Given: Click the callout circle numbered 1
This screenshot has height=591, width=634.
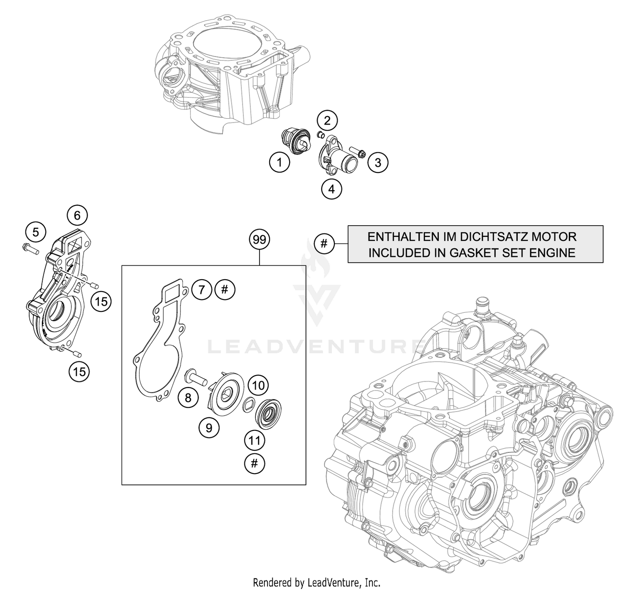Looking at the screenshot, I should pos(279,162).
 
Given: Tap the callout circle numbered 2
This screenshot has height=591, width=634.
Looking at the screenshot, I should pos(327,121).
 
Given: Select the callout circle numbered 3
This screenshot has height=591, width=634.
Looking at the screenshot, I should pos(378,163).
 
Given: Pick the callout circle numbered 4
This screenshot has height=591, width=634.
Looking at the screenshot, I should pos(331,189).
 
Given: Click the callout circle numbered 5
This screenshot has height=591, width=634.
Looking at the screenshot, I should pos(36,232).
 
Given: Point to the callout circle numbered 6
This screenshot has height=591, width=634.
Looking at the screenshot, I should pos(77,215).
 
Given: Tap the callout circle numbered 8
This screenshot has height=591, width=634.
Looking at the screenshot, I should pos(188,397).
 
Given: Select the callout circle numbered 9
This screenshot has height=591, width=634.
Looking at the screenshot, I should pos(209,428).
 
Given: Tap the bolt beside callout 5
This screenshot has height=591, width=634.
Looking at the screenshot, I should pos(29,248).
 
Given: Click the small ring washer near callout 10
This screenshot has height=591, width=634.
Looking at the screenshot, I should pos(248,404).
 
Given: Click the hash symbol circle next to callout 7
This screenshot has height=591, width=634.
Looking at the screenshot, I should pos(225,290).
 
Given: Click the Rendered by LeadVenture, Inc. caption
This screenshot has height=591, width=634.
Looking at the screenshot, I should pos(317,583).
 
